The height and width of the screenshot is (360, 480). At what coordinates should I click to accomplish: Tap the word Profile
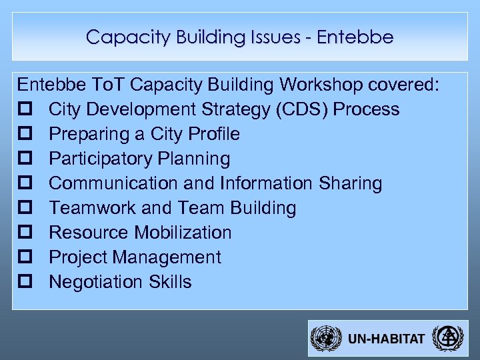[x=214, y=134]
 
